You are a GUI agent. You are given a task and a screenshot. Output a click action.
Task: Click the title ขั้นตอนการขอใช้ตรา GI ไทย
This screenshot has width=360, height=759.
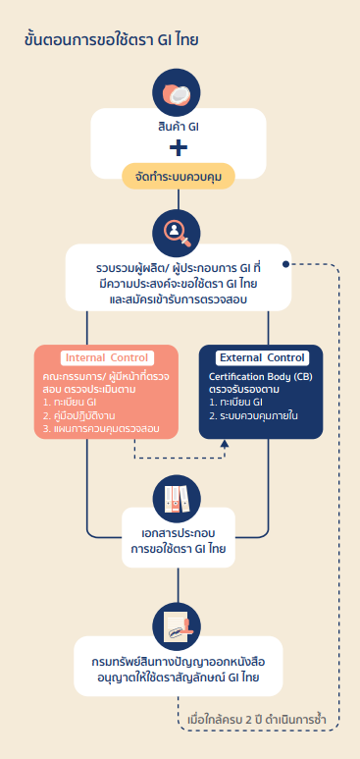pos(111,40)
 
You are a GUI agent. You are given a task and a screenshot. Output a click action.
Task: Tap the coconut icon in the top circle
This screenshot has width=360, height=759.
pos(177,92)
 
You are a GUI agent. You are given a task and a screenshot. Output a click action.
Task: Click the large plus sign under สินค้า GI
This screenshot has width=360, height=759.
pos(179,147)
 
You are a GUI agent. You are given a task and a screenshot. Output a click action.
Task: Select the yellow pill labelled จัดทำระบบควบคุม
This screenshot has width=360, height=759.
pos(179,176)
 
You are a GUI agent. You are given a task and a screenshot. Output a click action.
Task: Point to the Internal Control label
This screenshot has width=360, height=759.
pos(107,357)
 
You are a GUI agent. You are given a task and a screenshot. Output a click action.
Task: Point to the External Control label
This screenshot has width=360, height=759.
pos(262,357)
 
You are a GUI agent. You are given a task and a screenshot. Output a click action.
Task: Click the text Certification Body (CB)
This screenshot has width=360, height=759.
pos(260,377)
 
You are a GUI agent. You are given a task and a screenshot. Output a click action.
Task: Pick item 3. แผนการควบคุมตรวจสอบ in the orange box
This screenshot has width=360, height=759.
pos(101,428)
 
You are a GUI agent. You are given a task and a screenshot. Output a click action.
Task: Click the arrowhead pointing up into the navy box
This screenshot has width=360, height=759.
pos(225,444)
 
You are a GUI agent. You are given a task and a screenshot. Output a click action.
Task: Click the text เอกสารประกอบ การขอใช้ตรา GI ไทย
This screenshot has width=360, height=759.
pos(179,541)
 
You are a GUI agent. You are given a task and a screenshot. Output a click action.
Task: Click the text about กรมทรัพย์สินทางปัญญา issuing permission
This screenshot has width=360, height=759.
pos(179,670)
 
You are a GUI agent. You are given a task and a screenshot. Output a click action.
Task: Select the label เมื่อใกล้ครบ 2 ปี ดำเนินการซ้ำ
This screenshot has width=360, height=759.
pos(256,719)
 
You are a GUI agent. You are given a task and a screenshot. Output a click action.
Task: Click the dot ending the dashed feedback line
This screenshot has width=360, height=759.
pos(286,264)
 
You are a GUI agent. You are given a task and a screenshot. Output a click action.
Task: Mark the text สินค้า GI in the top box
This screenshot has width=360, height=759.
pos(179,128)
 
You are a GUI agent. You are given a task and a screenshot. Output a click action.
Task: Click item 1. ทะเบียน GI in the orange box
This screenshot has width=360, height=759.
pos(71,404)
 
